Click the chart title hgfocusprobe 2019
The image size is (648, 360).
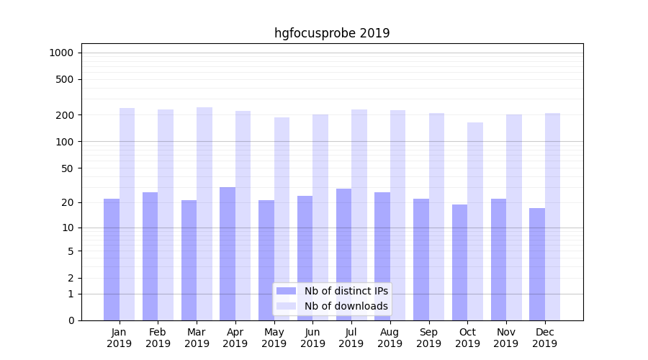(x=332, y=33)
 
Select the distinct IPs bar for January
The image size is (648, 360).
(x=112, y=259)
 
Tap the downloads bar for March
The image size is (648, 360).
(x=204, y=213)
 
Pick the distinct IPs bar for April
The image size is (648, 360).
(x=228, y=253)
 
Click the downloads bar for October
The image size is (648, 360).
(x=475, y=221)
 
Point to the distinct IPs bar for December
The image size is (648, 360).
(x=537, y=264)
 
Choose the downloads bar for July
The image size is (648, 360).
(x=359, y=215)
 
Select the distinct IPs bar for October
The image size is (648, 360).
(x=459, y=262)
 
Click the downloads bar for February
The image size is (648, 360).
(x=166, y=215)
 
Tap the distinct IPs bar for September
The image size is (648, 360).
(x=421, y=259)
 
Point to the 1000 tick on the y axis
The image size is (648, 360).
(x=60, y=53)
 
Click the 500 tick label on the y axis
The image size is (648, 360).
(x=65, y=79)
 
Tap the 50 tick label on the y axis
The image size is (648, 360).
(x=68, y=168)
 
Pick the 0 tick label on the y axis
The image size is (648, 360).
(x=71, y=320)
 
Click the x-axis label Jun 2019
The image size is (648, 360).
(x=312, y=338)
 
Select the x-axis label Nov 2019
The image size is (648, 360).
(x=506, y=338)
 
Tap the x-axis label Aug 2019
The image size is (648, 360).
(x=390, y=338)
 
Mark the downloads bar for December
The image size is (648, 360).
(x=553, y=216)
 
